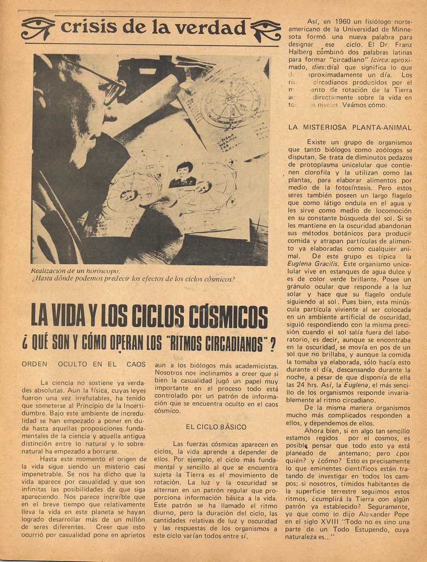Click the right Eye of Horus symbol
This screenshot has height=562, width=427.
coord(266,30)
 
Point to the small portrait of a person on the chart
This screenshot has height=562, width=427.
coord(183,175)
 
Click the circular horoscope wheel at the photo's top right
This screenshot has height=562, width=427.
coord(233,100)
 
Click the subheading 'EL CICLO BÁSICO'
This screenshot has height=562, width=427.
coord(216,426)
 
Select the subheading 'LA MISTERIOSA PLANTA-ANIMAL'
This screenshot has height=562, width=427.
coord(350,127)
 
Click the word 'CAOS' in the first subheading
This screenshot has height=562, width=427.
coord(136,364)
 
